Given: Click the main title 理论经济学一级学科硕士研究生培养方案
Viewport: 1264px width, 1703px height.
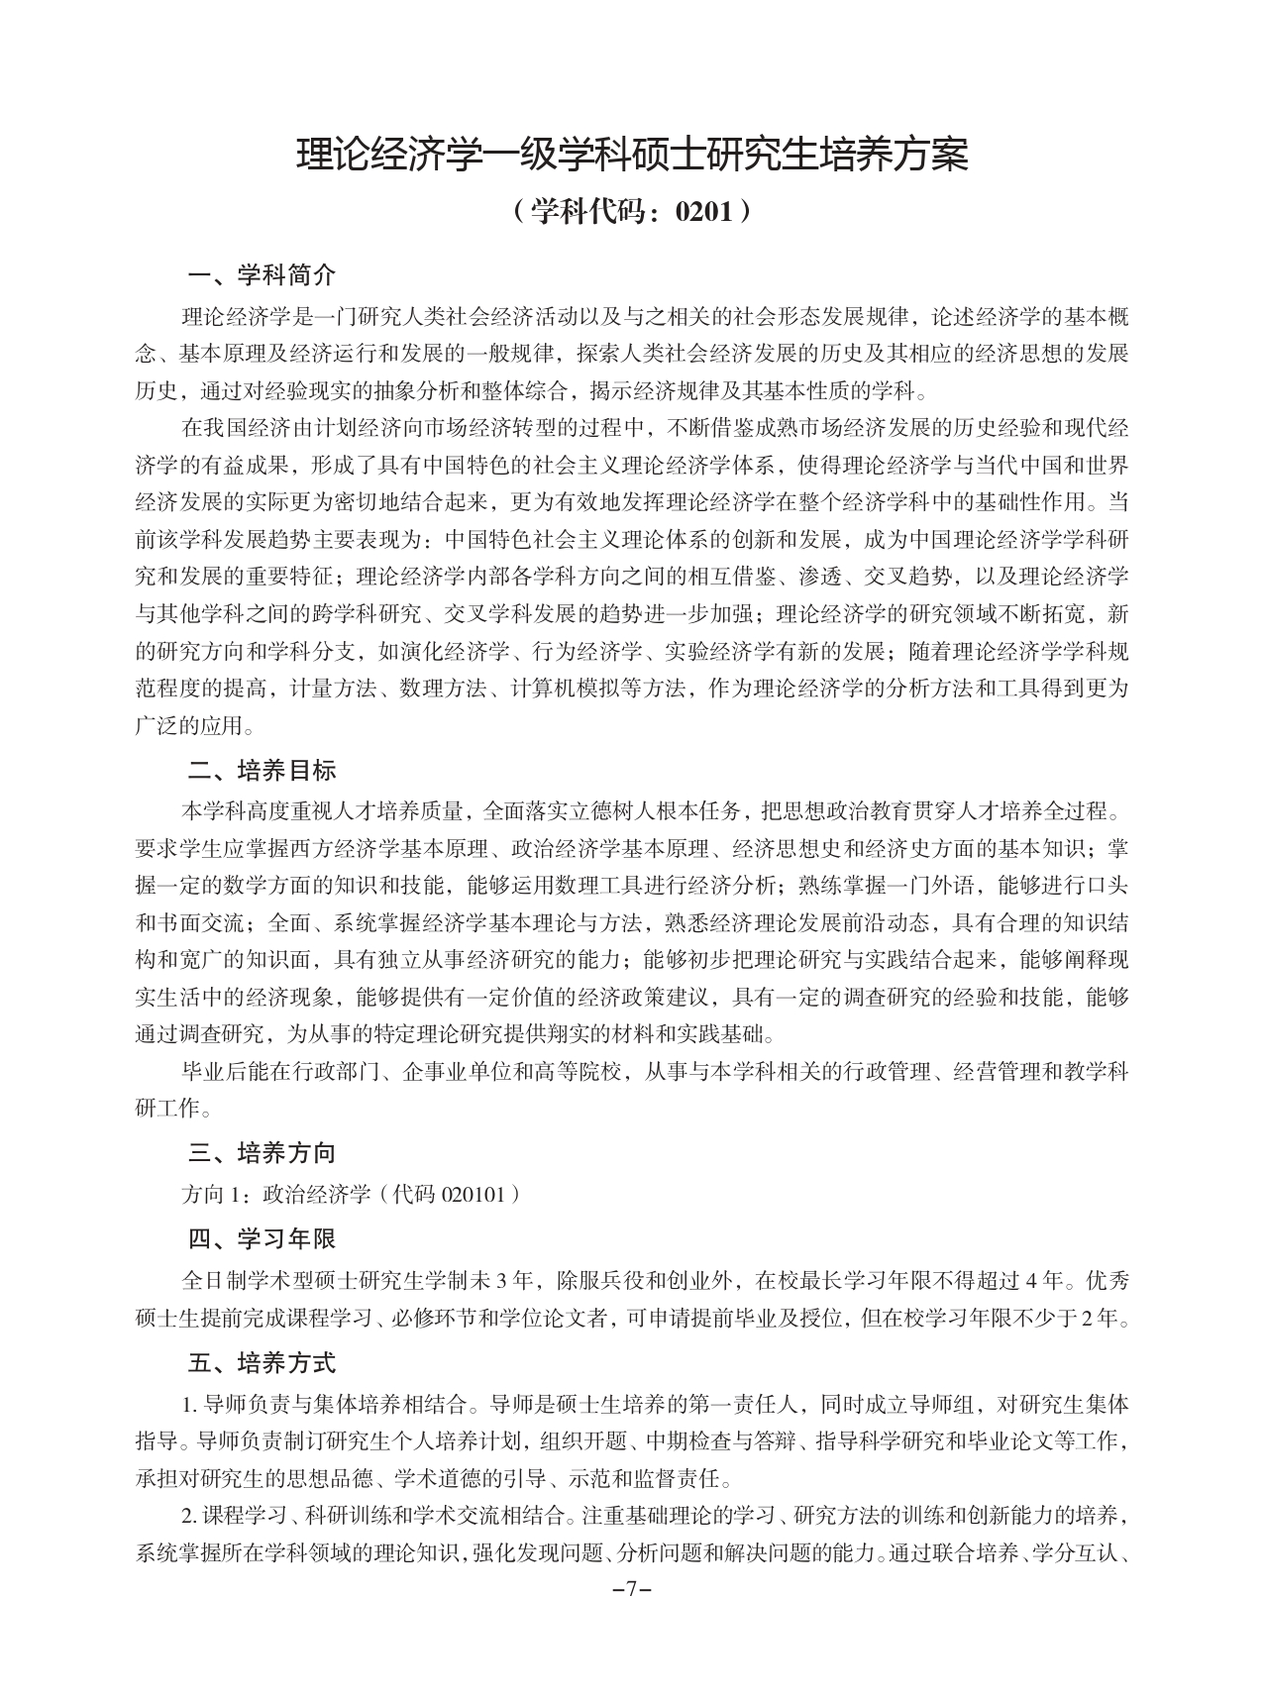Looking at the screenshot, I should [632, 156].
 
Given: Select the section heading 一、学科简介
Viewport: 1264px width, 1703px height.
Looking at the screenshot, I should [262, 274].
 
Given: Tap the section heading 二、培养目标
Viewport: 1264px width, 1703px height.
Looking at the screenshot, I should [262, 770].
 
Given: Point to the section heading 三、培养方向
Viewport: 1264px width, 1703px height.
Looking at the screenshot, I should [262, 1152].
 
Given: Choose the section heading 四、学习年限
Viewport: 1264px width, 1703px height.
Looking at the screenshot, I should [262, 1238].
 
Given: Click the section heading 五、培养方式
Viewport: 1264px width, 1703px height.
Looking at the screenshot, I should [262, 1363].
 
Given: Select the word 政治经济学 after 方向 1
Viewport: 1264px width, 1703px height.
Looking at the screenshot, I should [315, 1195].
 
